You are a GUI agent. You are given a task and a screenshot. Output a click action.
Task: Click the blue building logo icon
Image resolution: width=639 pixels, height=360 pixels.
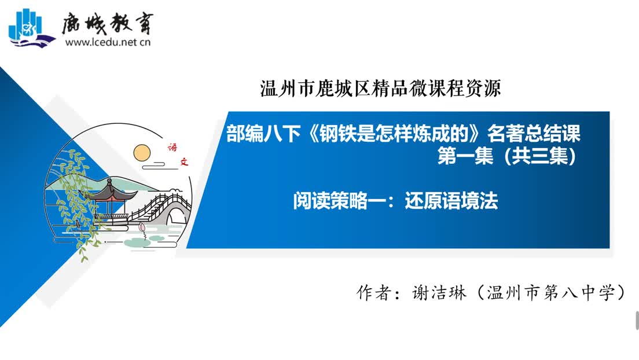(31, 28)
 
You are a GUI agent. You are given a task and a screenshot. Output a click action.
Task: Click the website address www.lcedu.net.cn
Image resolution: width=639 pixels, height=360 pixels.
(108, 42)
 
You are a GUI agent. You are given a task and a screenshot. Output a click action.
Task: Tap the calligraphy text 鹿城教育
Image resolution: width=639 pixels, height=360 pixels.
(108, 24)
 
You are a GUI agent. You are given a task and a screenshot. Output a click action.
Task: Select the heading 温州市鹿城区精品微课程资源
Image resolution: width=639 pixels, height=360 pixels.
(381, 89)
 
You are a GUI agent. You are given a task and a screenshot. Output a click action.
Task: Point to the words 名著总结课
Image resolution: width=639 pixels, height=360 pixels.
(534, 133)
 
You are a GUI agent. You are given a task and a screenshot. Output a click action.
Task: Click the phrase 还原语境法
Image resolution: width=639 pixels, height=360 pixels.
(451, 201)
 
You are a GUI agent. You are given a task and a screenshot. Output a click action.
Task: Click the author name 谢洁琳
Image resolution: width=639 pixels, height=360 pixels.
(439, 293)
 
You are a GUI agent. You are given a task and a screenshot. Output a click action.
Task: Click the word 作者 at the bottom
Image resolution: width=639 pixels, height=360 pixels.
(374, 293)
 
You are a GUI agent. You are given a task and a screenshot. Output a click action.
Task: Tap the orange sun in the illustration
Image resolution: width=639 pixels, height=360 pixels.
(142, 153)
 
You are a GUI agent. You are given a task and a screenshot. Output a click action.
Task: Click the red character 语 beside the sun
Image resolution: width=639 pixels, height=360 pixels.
(173, 147)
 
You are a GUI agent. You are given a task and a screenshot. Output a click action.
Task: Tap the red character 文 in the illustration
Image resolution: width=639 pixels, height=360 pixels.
(185, 161)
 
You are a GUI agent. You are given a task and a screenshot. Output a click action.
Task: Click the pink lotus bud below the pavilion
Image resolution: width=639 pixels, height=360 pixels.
(142, 227)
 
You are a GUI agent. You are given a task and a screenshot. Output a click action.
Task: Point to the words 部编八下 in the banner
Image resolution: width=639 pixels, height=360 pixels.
(263, 133)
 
